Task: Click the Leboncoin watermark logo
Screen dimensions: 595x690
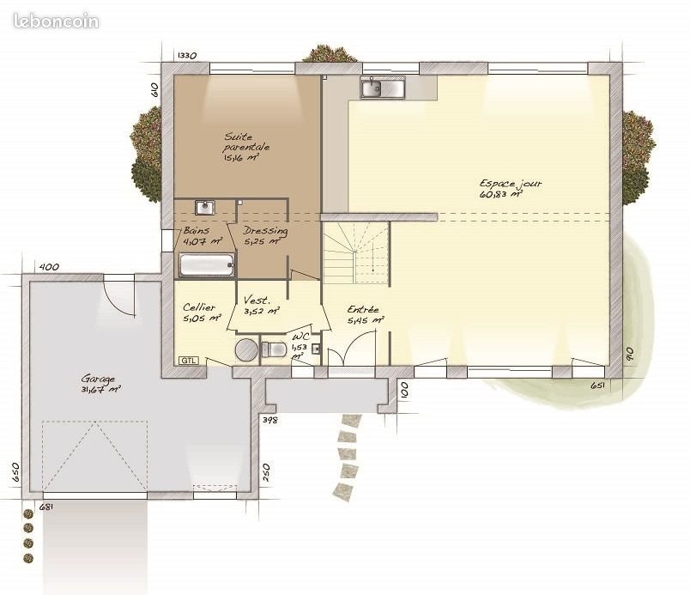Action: pos(56,21)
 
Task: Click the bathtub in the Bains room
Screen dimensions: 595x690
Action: pos(207,265)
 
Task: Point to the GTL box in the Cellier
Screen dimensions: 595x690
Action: pos(188,360)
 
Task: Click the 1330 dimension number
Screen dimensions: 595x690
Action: pos(187,56)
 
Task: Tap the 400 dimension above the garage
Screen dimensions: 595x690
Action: pos(50,267)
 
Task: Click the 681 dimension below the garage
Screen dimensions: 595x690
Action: pos(46,506)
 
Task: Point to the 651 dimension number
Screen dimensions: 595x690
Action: pos(598,386)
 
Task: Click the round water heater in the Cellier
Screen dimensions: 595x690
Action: pos(246,349)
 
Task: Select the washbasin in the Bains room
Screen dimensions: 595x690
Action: pos(204,208)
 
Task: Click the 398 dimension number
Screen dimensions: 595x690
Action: pos(269,420)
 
